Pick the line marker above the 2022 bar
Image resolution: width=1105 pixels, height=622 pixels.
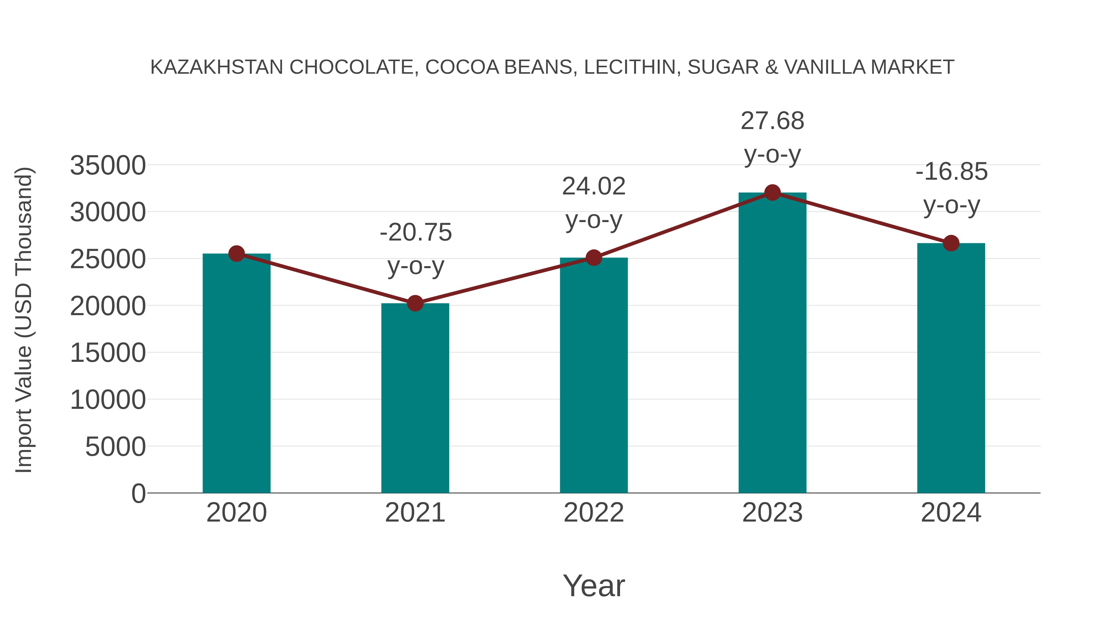tap(594, 258)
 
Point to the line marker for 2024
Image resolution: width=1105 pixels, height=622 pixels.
tap(951, 243)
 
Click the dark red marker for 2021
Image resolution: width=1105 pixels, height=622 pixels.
tap(415, 303)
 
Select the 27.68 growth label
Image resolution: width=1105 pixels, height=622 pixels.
tap(772, 121)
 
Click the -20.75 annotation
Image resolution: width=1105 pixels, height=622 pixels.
tap(415, 233)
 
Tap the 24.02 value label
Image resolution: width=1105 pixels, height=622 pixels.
tap(594, 186)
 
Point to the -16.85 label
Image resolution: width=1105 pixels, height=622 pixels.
tap(952, 172)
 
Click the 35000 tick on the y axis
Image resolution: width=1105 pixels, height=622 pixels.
tap(108, 165)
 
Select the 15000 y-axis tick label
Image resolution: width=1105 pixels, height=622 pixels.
tap(108, 353)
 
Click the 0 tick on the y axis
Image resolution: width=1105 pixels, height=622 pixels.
tap(138, 493)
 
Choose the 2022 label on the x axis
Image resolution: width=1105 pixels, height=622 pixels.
tap(594, 513)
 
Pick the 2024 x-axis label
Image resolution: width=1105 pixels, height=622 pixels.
tap(951, 513)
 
